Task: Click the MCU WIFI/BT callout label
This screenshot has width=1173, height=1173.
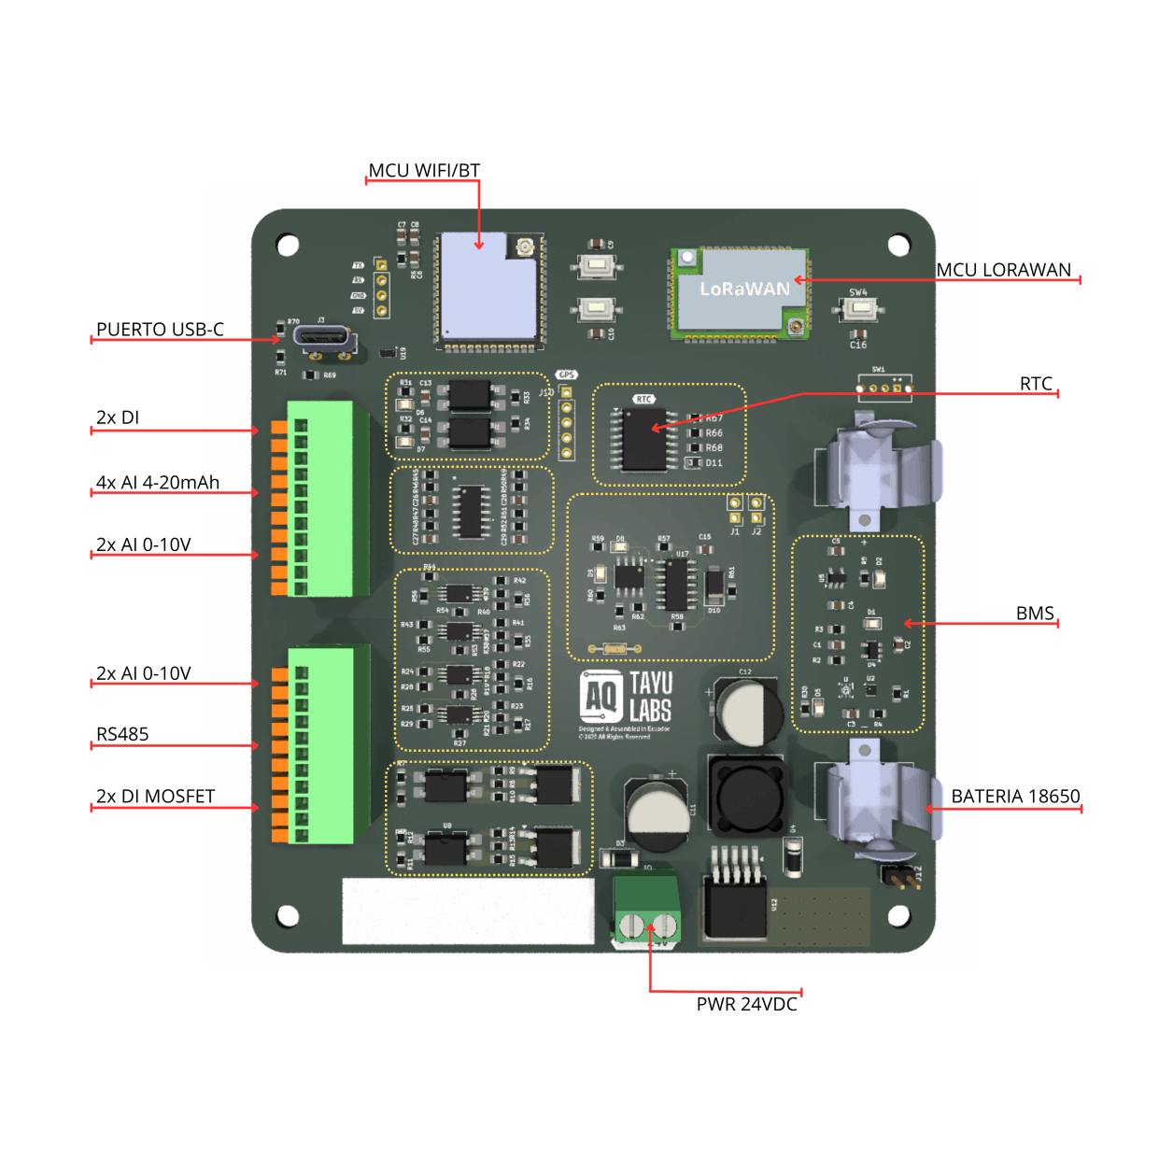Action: click(x=424, y=171)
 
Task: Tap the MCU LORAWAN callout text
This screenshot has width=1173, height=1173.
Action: click(x=1004, y=270)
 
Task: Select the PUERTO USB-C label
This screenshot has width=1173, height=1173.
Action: click(x=160, y=330)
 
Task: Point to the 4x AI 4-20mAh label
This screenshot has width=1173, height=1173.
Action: click(x=158, y=483)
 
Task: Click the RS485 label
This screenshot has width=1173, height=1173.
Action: click(x=122, y=734)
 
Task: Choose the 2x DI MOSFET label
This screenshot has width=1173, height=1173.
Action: click(x=155, y=797)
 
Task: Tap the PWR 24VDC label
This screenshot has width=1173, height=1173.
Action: click(x=746, y=1004)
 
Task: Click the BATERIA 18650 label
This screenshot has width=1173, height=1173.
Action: click(x=1015, y=797)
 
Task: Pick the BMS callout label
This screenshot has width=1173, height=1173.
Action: click(x=1035, y=614)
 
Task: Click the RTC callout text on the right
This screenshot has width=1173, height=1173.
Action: click(x=1036, y=384)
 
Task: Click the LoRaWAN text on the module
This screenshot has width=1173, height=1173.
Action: click(x=744, y=290)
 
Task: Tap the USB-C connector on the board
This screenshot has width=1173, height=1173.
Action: click(x=323, y=338)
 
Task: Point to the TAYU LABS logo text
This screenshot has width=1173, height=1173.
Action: click(x=650, y=697)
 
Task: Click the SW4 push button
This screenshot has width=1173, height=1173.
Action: click(x=858, y=308)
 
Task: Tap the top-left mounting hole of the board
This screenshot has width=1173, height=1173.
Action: click(x=288, y=246)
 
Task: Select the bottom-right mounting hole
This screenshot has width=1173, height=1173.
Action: click(x=898, y=915)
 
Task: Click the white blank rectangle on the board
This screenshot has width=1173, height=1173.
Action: click(x=468, y=911)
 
